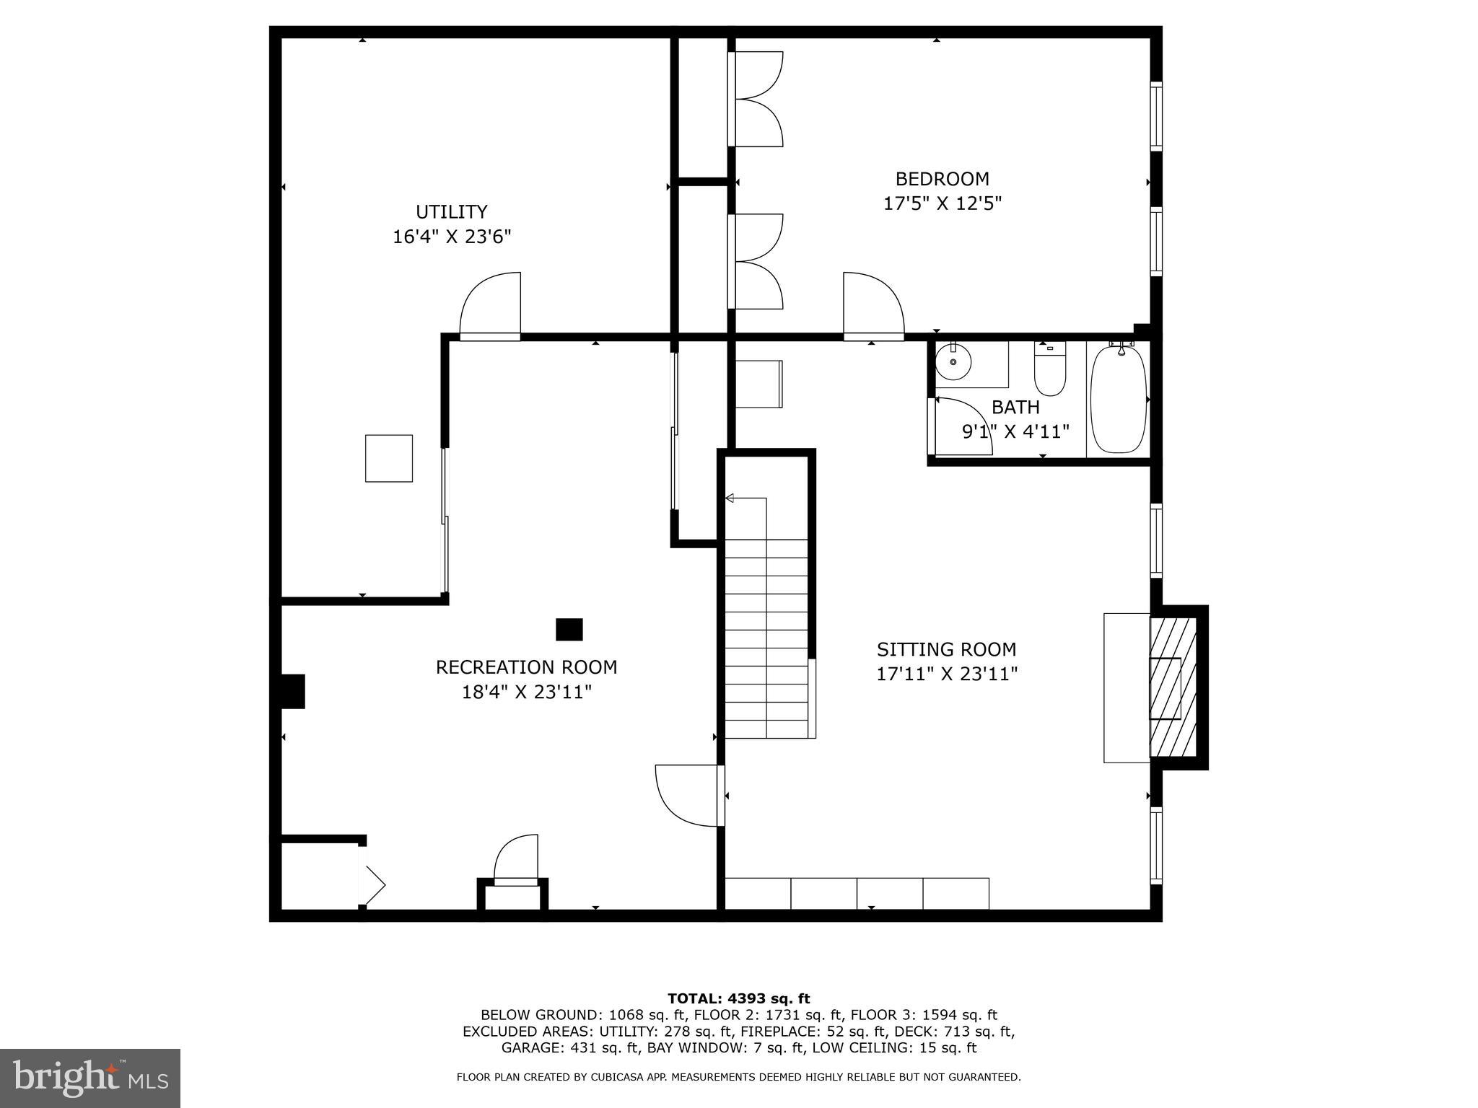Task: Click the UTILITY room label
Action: click(451, 212)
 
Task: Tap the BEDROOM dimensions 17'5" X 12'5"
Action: click(943, 203)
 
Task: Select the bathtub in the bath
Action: click(1118, 399)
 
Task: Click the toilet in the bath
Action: click(1049, 370)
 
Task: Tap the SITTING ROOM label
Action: click(946, 649)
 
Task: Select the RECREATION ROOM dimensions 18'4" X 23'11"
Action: click(527, 692)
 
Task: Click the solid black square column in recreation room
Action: click(569, 630)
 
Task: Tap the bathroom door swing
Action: click(961, 426)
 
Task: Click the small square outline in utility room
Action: click(389, 458)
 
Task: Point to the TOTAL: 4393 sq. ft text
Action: click(738, 999)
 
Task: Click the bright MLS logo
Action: click(90, 1078)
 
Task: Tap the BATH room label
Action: click(1015, 408)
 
